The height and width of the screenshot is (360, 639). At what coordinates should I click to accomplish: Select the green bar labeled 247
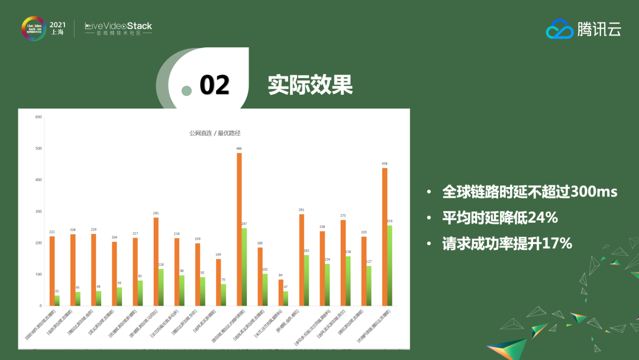pyautogui.click(x=244, y=267)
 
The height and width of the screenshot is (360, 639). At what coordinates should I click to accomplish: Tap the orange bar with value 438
pyautogui.click(x=385, y=237)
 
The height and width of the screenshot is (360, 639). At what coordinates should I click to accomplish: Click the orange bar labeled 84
pyautogui.click(x=280, y=292)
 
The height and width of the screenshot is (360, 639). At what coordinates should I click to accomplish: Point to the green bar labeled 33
pyautogui.click(x=57, y=300)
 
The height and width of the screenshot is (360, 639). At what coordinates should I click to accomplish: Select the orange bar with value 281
pyautogui.click(x=156, y=261)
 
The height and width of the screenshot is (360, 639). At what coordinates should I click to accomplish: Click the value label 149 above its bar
pyautogui.click(x=218, y=254)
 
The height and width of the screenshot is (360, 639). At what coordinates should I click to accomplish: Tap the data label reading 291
pyautogui.click(x=302, y=210)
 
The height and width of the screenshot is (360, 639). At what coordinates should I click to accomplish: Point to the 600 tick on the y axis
pyautogui.click(x=38, y=117)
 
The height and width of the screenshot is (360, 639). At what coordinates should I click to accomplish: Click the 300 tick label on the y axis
pyautogui.click(x=38, y=211)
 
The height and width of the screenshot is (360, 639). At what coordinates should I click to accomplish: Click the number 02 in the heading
pyautogui.click(x=214, y=85)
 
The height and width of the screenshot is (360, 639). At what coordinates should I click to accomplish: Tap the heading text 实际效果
pyautogui.click(x=310, y=85)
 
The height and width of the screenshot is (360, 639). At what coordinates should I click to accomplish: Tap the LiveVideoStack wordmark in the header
pyautogui.click(x=118, y=26)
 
